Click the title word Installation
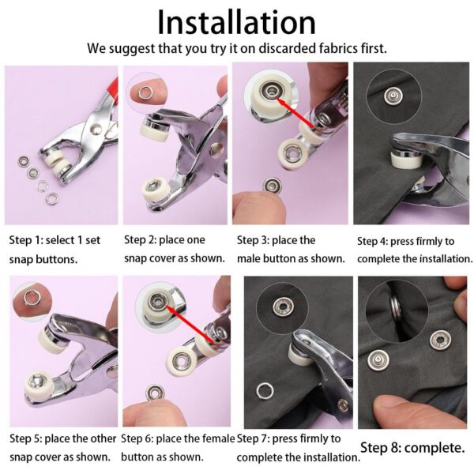pos(236,21)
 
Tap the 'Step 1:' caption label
pos(29,240)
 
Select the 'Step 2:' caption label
pos(145,240)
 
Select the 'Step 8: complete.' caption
pos(412,448)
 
